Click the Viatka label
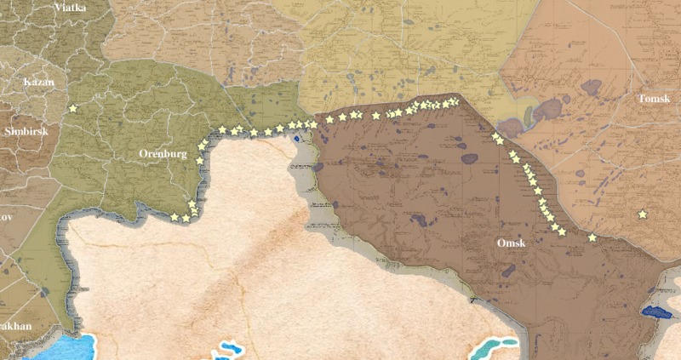point(70,7)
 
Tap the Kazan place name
point(38,83)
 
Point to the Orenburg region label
point(163,154)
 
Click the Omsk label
point(511,243)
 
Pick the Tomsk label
point(655,100)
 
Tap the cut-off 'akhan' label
point(15,326)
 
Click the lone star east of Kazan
point(72,108)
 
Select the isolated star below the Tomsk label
point(643,214)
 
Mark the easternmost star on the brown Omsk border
point(592,237)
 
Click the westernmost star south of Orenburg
point(175,217)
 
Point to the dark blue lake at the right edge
point(656,312)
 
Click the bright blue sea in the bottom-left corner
point(60,347)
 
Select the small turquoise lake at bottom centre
point(228,349)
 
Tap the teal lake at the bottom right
point(496,346)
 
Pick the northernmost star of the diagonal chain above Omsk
point(495,136)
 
